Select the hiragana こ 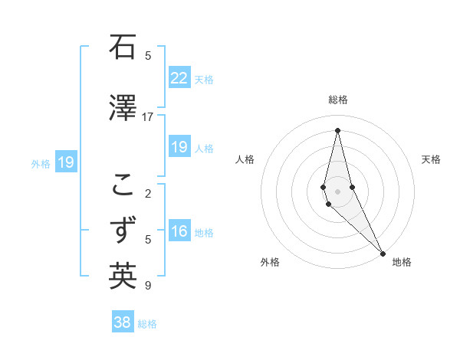123,185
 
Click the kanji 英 123,277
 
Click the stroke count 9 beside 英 147,286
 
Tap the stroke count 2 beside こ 147,193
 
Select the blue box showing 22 179,78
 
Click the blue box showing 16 179,232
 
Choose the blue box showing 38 123,322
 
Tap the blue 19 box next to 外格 66,162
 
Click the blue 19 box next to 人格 179,147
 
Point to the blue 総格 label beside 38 147,324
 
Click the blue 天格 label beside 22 204,79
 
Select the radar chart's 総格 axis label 337,100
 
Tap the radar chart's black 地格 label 402,262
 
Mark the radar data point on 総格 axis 337,129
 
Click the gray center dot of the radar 337,191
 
